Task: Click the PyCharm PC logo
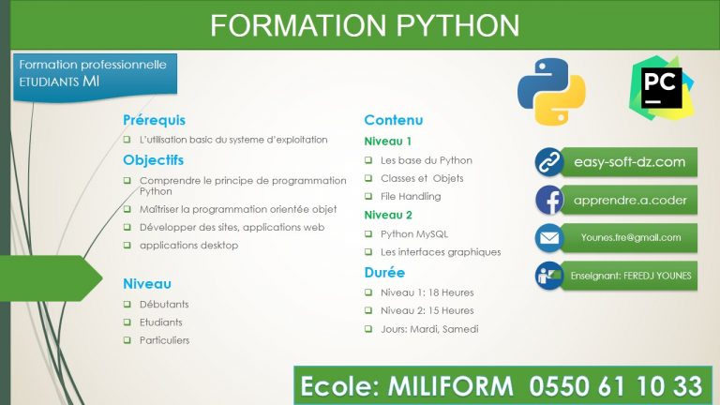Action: point(663,86)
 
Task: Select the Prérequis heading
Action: point(154,120)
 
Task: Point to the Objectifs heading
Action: point(153,159)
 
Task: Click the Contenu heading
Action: point(393,120)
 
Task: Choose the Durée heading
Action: point(384,273)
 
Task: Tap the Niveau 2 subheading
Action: point(388,215)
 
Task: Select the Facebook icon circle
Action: point(548,200)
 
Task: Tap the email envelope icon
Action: point(548,238)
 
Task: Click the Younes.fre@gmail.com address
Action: point(629,238)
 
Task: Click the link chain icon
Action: point(548,162)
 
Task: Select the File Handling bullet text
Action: point(411,196)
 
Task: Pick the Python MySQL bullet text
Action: point(414,233)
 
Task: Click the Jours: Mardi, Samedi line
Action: point(429,328)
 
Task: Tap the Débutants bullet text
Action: point(164,304)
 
